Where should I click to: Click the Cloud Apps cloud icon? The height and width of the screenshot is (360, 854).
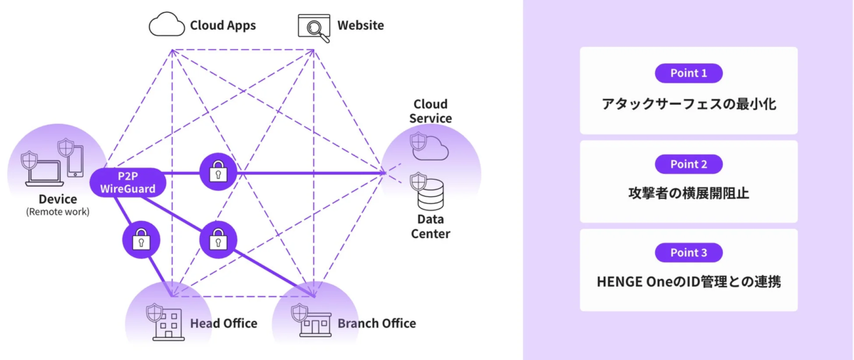[165, 25]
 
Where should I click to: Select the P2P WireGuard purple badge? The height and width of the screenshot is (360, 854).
[128, 182]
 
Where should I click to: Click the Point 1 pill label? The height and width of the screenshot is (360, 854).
[688, 73]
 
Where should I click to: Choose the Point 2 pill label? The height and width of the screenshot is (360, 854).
[688, 164]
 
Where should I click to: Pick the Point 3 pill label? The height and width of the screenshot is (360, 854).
[688, 252]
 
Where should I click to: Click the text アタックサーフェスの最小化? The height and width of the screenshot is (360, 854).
[688, 104]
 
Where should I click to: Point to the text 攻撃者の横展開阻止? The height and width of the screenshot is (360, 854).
[688, 193]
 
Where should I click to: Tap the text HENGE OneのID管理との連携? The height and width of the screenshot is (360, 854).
[688, 282]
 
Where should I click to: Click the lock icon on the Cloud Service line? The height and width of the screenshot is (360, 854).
[218, 172]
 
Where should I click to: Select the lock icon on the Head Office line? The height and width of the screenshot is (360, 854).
[141, 240]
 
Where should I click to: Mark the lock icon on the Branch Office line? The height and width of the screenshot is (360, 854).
[217, 240]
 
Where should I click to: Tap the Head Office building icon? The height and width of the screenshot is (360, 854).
[167, 324]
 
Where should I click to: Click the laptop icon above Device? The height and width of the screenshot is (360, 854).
[43, 171]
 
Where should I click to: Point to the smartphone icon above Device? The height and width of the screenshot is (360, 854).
[75, 161]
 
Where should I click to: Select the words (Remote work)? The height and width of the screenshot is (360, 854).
[58, 212]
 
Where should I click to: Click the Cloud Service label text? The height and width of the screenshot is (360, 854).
[431, 111]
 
